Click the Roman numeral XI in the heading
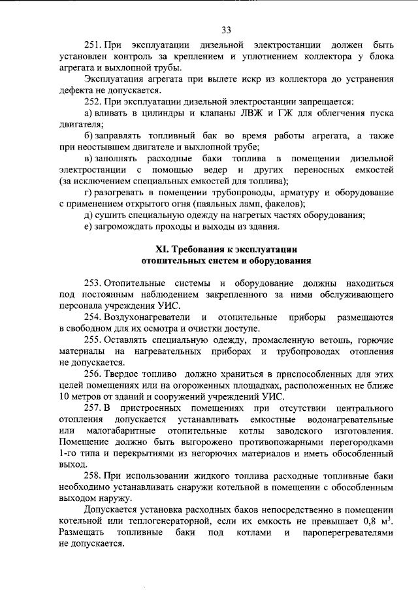pos(163,249)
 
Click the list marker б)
pos(89,135)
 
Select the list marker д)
pos(89,214)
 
